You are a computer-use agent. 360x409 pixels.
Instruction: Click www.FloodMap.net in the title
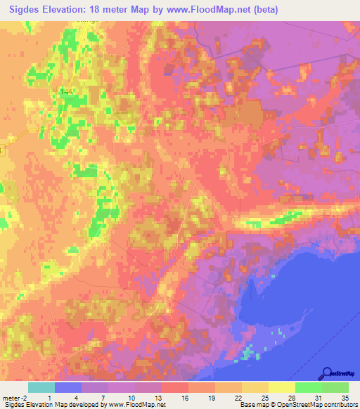click(x=211, y=9)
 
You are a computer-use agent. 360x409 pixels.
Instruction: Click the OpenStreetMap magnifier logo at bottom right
click(x=328, y=375)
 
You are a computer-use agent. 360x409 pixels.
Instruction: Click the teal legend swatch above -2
click(x=41, y=387)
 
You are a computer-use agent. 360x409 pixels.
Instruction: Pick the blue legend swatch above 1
click(x=68, y=387)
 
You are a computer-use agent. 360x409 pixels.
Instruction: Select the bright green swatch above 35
click(x=335, y=387)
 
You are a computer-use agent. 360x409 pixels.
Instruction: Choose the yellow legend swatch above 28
click(x=281, y=387)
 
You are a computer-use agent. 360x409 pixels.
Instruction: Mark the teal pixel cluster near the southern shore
click(x=247, y=351)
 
